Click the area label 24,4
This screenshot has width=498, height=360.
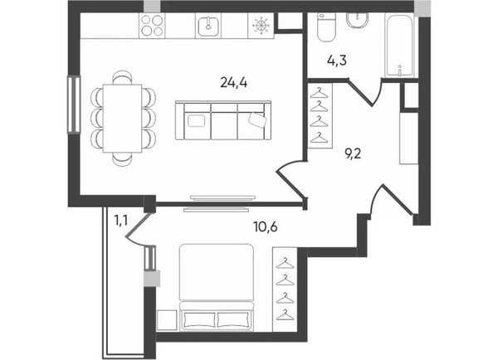tap(234, 83)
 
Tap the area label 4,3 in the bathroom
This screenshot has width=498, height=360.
tap(337, 60)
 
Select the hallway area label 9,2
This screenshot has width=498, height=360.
tap(354, 154)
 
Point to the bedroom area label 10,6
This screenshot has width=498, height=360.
tap(266, 226)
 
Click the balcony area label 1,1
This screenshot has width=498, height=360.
tap(121, 220)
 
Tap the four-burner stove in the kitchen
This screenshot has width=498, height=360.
tap(152, 26)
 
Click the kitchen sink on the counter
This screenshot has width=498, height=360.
tap(208, 27)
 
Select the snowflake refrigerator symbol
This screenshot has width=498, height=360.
tap(261, 26)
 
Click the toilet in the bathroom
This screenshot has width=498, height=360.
tap(326, 27)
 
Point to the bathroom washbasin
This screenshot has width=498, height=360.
tap(357, 20)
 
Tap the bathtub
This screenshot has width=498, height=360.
tap(400, 45)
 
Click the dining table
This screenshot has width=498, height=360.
tap(122, 119)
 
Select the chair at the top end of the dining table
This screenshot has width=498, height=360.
tap(122, 77)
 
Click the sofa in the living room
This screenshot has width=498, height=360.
tap(223, 120)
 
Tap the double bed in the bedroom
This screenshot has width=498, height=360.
tap(217, 287)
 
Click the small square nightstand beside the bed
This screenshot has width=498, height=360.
tap(167, 320)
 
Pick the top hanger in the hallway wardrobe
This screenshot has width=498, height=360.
tap(319, 92)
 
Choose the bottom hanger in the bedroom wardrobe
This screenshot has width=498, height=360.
tap(285, 314)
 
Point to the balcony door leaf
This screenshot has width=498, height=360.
tap(138, 225)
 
